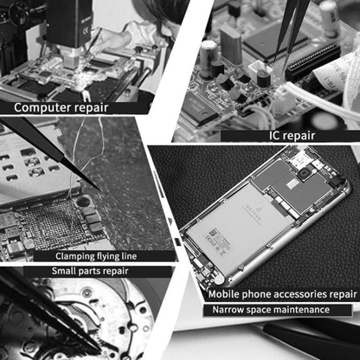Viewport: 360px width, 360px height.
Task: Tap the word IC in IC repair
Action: (274, 135)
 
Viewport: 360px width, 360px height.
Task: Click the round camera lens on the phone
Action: (304, 174)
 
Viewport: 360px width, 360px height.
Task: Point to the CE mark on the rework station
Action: (87, 30)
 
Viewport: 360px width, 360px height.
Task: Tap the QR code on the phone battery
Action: (214, 233)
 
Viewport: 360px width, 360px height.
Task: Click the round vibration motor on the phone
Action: (219, 279)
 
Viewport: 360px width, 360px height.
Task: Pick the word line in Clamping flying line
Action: (129, 256)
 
